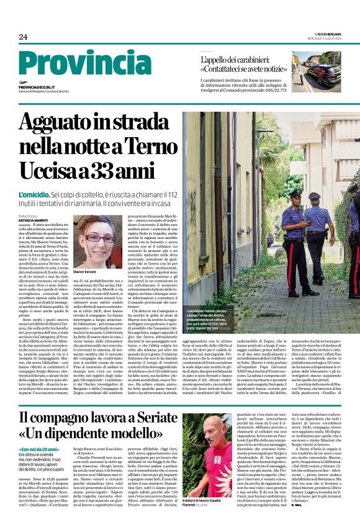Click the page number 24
point(23,37)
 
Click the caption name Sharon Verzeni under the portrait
point(89,273)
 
